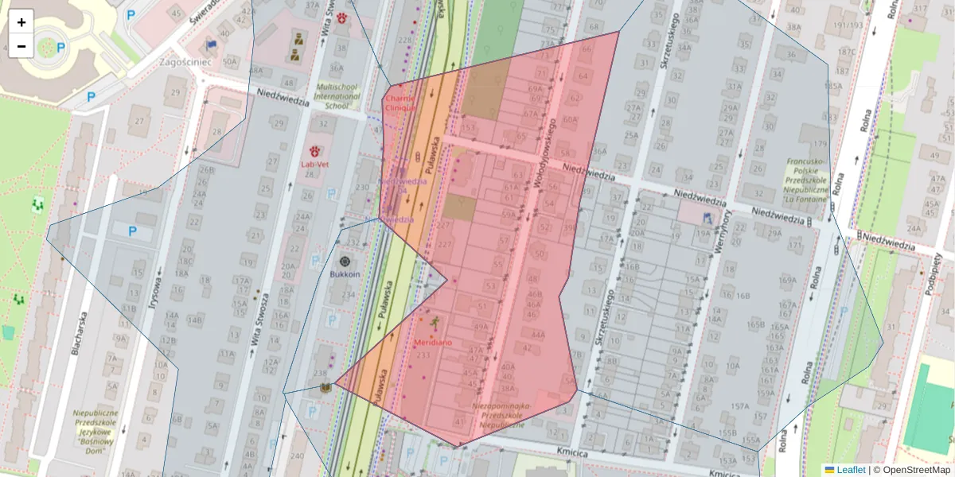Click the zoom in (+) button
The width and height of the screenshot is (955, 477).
pyautogui.click(x=21, y=21)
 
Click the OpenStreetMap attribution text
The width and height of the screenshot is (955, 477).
pyautogui.click(x=911, y=470)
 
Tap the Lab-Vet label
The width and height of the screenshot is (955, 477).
pyautogui.click(x=315, y=164)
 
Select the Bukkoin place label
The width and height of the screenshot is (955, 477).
pyautogui.click(x=345, y=274)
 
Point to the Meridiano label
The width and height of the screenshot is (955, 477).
pyautogui.click(x=433, y=342)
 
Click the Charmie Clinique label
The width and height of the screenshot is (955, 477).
pyautogui.click(x=400, y=103)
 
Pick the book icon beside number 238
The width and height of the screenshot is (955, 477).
pyautogui.click(x=325, y=387)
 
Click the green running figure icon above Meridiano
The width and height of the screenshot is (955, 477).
pyautogui.click(x=435, y=322)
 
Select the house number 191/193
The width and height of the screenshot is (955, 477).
pyautogui.click(x=849, y=25)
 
